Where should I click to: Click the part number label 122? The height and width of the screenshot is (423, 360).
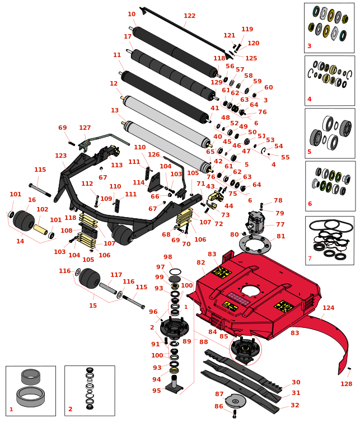(x=189, y=16)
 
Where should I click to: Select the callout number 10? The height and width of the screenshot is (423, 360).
(x=132, y=15)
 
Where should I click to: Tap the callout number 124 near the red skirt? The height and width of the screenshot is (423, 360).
(x=328, y=308)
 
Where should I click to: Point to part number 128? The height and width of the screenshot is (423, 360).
(x=347, y=384)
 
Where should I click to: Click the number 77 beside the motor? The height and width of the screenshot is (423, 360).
(x=280, y=224)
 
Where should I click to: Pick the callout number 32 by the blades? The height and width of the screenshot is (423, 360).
(x=295, y=405)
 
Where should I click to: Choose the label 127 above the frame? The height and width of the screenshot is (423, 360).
(x=85, y=128)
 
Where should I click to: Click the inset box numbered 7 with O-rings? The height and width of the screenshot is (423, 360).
(x=329, y=241)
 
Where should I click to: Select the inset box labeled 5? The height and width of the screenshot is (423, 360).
(x=330, y=133)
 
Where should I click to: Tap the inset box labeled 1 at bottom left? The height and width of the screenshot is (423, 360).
(x=31, y=391)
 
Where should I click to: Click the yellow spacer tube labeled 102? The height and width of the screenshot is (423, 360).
(x=41, y=229)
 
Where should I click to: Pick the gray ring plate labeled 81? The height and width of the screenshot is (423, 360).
(x=255, y=243)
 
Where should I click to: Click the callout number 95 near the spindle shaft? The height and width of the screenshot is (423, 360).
(x=156, y=391)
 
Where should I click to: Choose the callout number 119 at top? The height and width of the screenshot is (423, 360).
(x=247, y=30)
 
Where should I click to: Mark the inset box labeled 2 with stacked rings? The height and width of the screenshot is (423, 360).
(x=90, y=391)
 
